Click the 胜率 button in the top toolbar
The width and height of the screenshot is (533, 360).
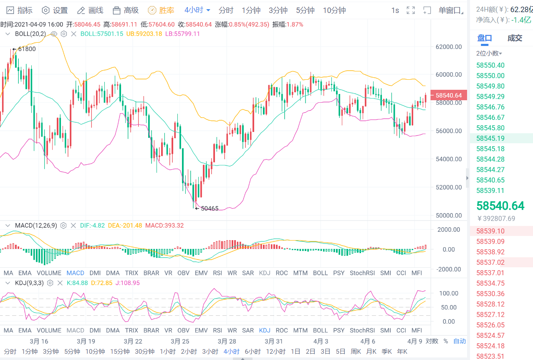pyautogui.click(x=162, y=10)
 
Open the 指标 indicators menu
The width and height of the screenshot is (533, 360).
pyautogui.click(x=20, y=10)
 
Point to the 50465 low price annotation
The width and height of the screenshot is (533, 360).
pyautogui.click(x=209, y=208)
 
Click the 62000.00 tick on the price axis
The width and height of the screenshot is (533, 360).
pyautogui.click(x=448, y=47)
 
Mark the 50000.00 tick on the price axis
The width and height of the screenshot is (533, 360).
pyautogui.click(x=448, y=215)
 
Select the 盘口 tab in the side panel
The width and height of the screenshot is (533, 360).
pyautogui.click(x=485, y=38)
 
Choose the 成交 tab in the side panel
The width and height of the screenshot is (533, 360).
pyautogui.click(x=515, y=38)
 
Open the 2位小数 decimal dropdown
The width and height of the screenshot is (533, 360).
pyautogui.click(x=489, y=53)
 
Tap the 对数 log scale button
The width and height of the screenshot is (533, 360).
pyautogui.click(x=432, y=341)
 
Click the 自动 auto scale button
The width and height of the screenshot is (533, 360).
pyautogui.click(x=459, y=341)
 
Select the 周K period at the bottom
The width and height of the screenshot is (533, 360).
pyautogui.click(x=356, y=352)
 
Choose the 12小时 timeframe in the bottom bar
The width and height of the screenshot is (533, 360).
pyautogui.click(x=275, y=352)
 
